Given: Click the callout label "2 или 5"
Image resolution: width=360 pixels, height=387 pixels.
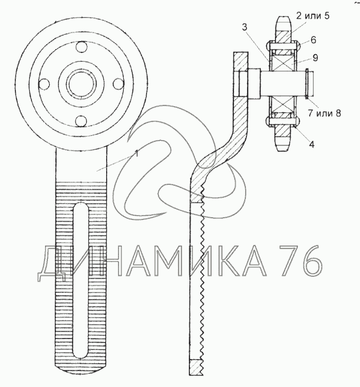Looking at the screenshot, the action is point(313,16).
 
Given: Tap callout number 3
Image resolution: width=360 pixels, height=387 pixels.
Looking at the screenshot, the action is point(244,27).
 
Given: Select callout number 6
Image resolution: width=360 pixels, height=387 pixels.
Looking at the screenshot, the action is point(313,40).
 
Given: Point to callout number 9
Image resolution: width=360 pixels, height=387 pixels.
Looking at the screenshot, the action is point(315,58).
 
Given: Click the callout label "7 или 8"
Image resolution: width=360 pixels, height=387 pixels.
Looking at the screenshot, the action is point(324,113).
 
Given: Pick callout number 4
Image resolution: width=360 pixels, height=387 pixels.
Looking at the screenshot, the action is point(312,145).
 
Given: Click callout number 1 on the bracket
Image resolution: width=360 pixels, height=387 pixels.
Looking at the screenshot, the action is point(136,153).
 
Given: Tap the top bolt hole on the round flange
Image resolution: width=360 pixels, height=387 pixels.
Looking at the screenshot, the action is point(81,47).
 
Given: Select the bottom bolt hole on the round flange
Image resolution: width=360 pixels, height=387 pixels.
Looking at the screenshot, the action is point(81,121).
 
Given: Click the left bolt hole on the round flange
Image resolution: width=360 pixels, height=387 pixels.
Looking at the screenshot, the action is point(45,84).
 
